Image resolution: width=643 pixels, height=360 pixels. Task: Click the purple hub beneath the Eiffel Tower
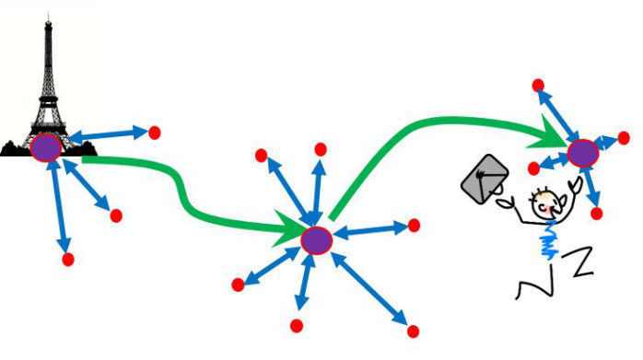(45, 148)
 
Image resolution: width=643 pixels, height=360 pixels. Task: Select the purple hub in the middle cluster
(316, 240)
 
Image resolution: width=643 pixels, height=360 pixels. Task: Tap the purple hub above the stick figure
(582, 152)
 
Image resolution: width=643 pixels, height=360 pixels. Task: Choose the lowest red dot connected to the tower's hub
(67, 260)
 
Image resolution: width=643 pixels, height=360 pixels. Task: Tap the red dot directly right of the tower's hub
(155, 132)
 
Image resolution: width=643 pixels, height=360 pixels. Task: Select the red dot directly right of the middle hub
(414, 225)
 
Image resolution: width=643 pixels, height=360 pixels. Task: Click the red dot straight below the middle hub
(297, 324)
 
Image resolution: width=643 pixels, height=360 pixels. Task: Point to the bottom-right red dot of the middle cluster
(413, 331)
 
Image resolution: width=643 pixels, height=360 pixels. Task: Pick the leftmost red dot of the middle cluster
(239, 284)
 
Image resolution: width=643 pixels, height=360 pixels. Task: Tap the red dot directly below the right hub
(596, 214)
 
